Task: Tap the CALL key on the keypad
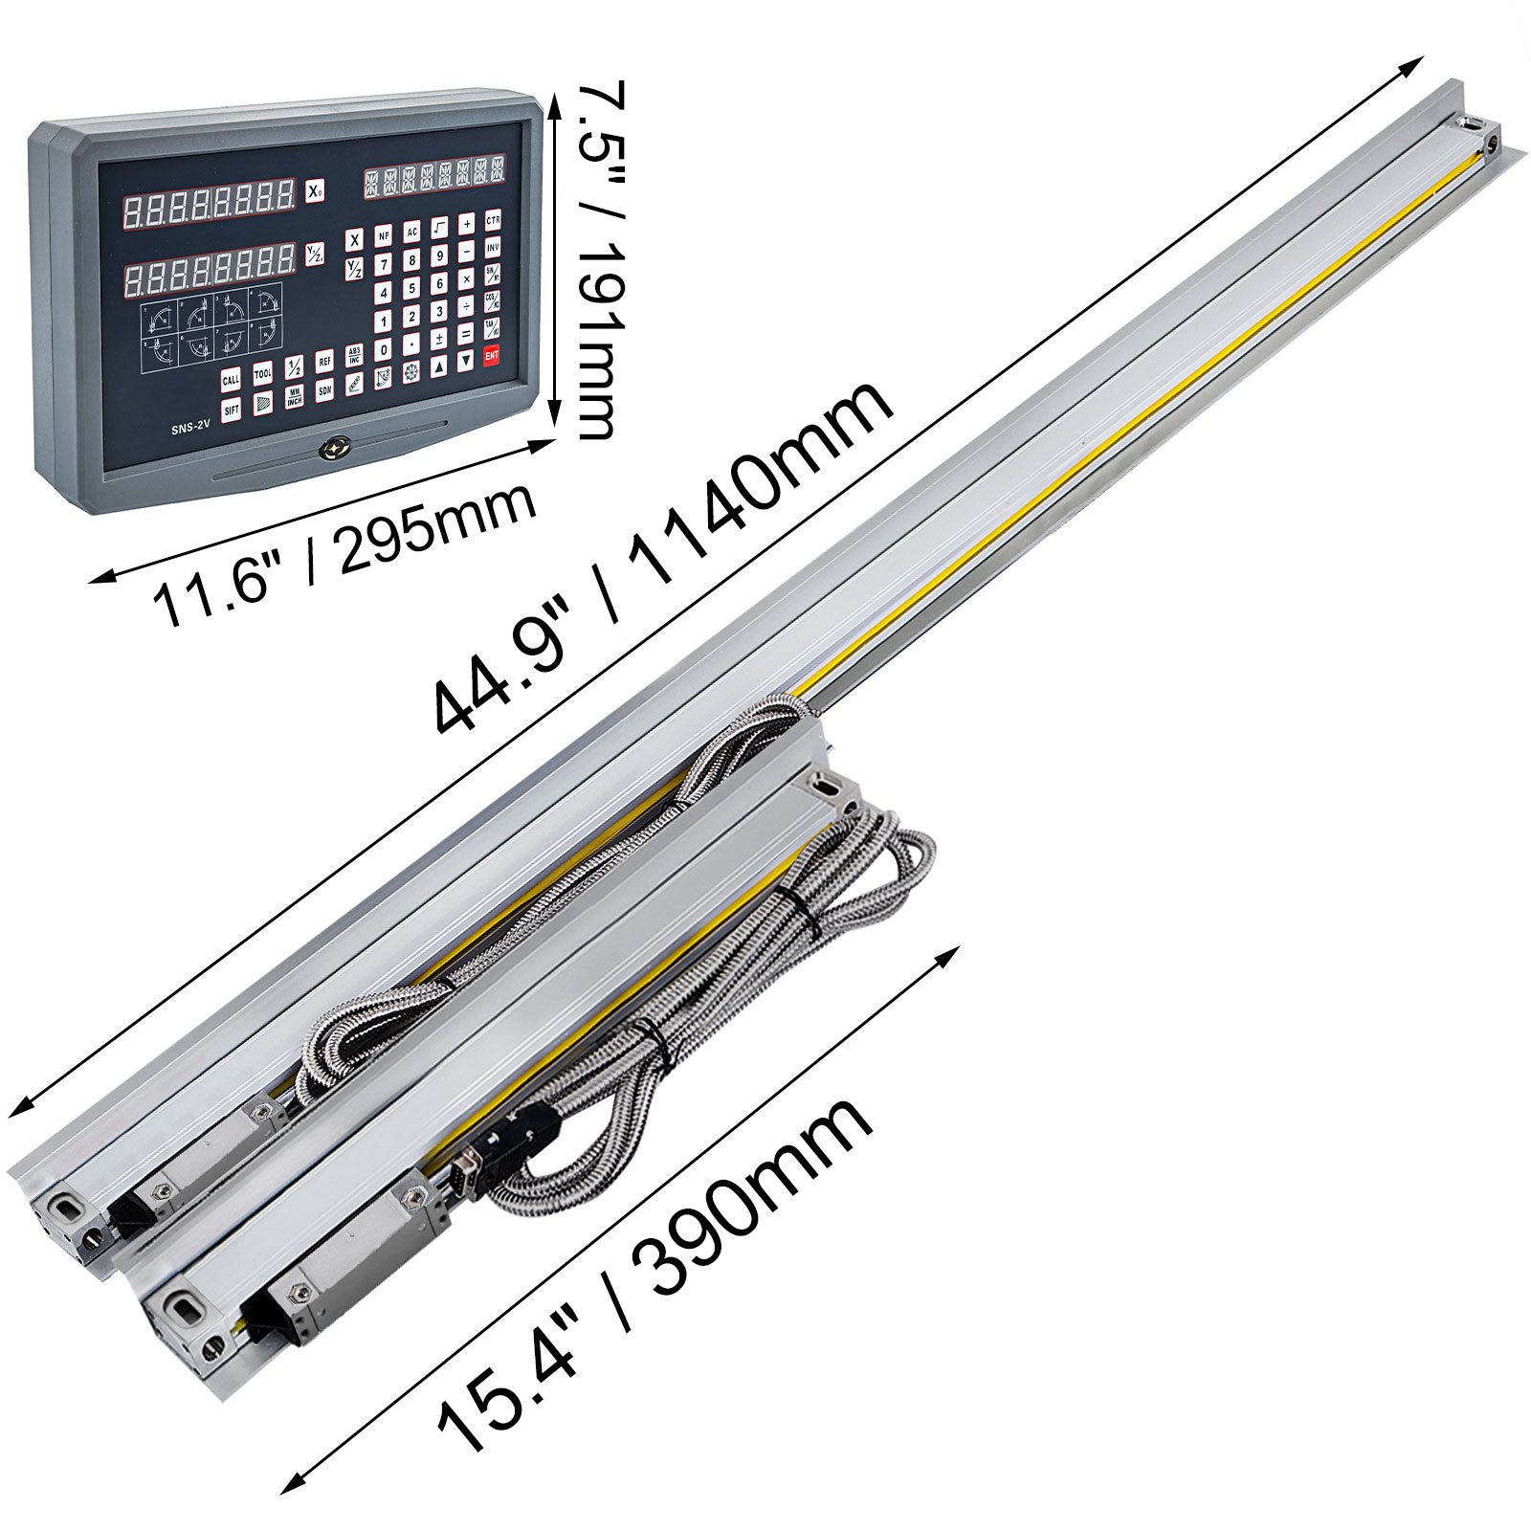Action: (x=231, y=380)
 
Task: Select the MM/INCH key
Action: (x=294, y=396)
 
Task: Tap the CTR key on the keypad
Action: (x=494, y=221)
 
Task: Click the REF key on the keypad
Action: (x=325, y=361)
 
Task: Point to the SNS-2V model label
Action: (x=190, y=430)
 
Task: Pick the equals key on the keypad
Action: (x=466, y=334)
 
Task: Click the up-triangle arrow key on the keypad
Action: (x=439, y=365)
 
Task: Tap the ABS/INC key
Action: (x=354, y=356)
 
